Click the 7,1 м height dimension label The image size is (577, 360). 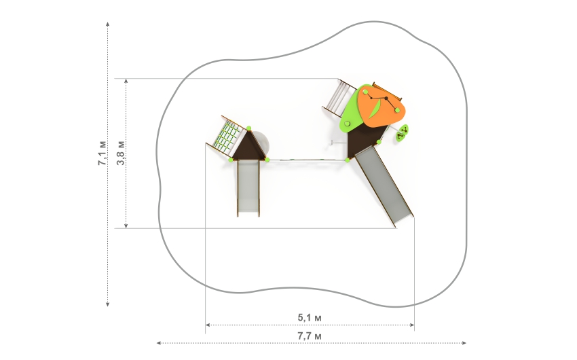coord(102,153)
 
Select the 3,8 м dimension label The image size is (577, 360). coord(121,153)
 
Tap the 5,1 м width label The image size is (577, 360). coord(310,317)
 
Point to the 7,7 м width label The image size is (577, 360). coord(310,336)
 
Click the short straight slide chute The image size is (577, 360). coord(248,187)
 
